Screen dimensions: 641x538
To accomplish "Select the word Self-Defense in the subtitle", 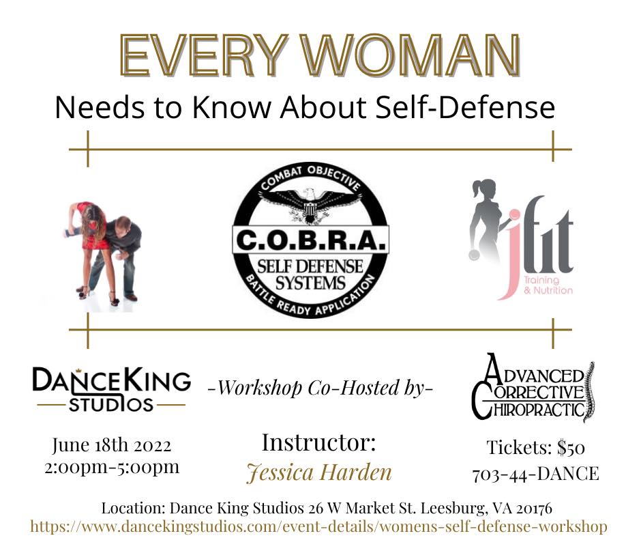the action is tap(465, 107).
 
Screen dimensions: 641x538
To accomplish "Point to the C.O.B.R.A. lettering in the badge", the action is tap(311, 241).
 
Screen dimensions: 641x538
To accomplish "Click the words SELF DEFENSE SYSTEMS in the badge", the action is tap(310, 274).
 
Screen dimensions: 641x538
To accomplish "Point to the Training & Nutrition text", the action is tap(548, 285).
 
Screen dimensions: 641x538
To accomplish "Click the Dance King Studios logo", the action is tap(111, 389).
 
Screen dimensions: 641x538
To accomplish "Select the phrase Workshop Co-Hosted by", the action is tap(320, 387).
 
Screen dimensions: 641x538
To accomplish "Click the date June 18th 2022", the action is tap(112, 445).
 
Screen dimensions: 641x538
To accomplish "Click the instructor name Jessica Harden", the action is tap(319, 472).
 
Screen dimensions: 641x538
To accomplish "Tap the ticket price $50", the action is tap(571, 447).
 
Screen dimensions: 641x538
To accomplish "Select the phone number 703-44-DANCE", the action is tap(535, 474).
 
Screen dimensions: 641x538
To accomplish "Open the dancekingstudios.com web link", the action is tap(319, 526).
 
